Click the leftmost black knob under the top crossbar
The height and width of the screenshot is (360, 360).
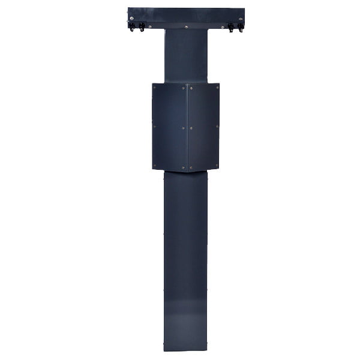pyautogui.click(x=131, y=28)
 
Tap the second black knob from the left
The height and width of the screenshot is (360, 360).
pyautogui.click(x=142, y=28)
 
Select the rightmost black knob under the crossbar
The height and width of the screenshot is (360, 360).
pyautogui.click(x=241, y=28)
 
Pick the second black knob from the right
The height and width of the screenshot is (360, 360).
pyautogui.click(x=230, y=28)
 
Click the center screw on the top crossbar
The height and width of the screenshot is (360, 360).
pyautogui.click(x=186, y=26)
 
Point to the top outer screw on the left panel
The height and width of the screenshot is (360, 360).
pyautogui.click(x=155, y=88)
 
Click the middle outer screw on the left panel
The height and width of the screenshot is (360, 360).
pyautogui.click(x=155, y=127)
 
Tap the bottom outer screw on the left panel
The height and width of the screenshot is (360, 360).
pyautogui.click(x=155, y=166)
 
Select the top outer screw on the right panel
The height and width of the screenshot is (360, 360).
pyautogui.click(x=217, y=88)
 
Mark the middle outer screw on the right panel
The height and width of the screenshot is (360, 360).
pyautogui.click(x=217, y=127)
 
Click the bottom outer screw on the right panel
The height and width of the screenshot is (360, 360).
pyautogui.click(x=217, y=166)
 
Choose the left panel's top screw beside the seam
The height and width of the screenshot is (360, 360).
pyautogui.click(x=184, y=88)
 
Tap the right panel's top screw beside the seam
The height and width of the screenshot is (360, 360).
pyautogui.click(x=190, y=88)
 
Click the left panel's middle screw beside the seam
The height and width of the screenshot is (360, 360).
pyautogui.click(x=184, y=127)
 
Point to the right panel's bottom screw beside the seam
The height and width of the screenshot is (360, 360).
pyautogui.click(x=190, y=167)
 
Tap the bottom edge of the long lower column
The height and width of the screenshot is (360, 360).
pyautogui.click(x=186, y=350)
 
